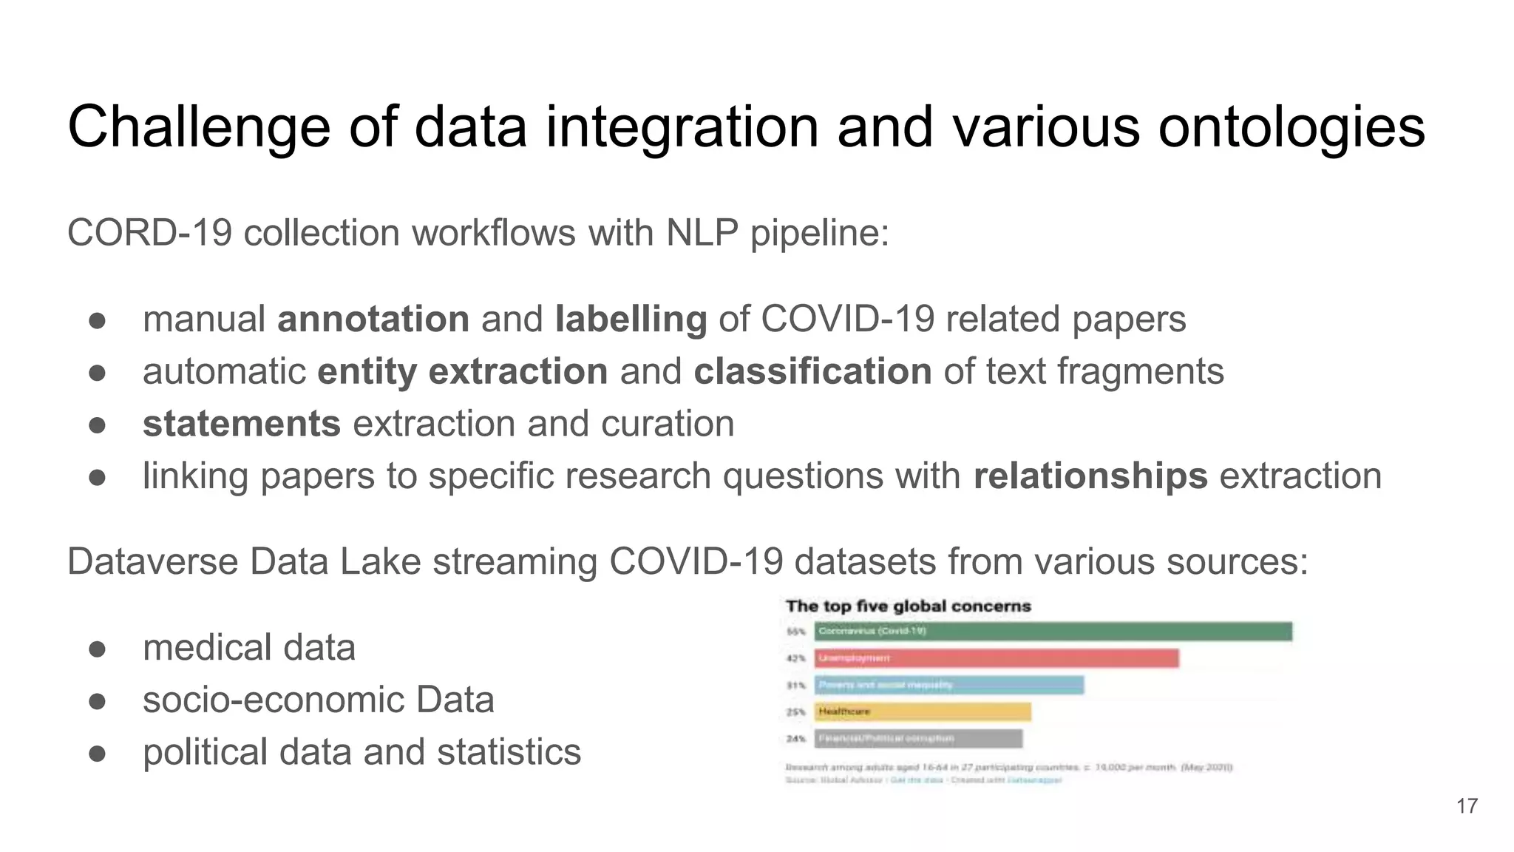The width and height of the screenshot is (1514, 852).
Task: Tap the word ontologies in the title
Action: pyautogui.click(x=1291, y=127)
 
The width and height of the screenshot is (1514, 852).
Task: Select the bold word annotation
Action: pyautogui.click(x=373, y=319)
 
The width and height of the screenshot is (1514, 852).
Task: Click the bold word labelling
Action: pyautogui.click(x=631, y=319)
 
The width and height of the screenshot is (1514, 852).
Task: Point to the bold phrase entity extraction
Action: pyautogui.click(x=462, y=371)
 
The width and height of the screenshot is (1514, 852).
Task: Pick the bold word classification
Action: pyautogui.click(x=812, y=371)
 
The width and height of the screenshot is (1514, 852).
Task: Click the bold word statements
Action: pyautogui.click(x=242, y=424)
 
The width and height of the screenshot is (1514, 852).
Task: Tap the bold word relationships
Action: pyautogui.click(x=1090, y=476)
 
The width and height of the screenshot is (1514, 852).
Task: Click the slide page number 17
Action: pyautogui.click(x=1467, y=806)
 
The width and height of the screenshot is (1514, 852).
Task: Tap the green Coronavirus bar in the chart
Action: pyautogui.click(x=1053, y=632)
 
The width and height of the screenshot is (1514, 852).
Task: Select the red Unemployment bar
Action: pyautogui.click(x=997, y=658)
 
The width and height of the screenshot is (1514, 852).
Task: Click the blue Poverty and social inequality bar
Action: pyautogui.click(x=949, y=685)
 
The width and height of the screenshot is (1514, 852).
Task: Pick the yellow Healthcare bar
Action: pyautogui.click(x=923, y=711)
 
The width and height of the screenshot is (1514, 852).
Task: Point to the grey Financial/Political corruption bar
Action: pyautogui.click(x=918, y=738)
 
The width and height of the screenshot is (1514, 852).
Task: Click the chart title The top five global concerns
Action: pyautogui.click(x=908, y=606)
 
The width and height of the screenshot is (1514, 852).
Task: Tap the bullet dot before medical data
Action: pyautogui.click(x=98, y=649)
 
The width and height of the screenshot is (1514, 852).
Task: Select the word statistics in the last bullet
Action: pyautogui.click(x=509, y=752)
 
